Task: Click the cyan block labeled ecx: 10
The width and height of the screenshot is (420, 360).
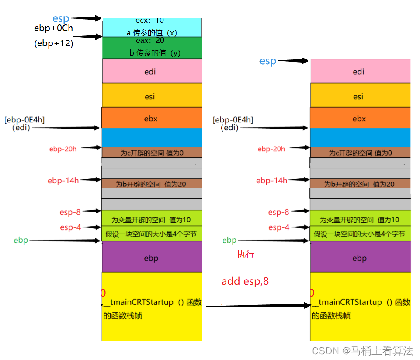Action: (x=152, y=27)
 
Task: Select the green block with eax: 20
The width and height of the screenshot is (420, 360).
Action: (x=152, y=47)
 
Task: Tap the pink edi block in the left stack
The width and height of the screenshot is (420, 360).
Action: (x=152, y=71)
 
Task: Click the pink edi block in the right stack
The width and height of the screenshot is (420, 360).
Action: (x=360, y=71)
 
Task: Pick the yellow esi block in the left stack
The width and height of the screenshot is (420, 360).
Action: (x=152, y=96)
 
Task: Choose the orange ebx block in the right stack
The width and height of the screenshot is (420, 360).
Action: (x=360, y=118)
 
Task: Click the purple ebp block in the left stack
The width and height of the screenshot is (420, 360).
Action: (x=152, y=258)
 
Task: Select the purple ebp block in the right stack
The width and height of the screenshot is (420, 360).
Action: (x=360, y=258)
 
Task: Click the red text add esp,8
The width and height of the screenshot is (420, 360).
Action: (x=245, y=281)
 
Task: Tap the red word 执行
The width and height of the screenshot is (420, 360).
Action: (x=245, y=254)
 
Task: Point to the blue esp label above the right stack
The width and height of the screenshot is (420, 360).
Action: (x=268, y=61)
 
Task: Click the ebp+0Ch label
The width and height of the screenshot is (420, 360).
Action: (x=53, y=28)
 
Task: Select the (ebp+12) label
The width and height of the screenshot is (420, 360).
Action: (x=54, y=43)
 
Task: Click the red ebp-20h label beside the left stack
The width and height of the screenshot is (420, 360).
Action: (x=63, y=149)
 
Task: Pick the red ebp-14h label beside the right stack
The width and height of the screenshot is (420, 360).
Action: (x=271, y=180)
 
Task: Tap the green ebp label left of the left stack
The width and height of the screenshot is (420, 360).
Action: (x=21, y=240)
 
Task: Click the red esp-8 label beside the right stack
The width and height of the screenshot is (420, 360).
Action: (x=278, y=212)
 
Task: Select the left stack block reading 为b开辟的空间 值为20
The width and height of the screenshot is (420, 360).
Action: (x=151, y=184)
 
